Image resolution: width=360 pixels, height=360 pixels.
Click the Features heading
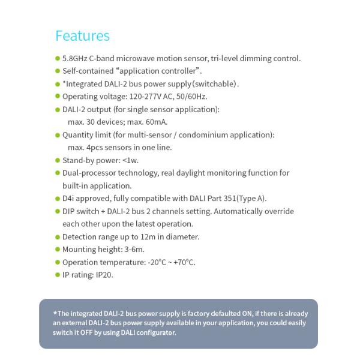[x=82, y=35]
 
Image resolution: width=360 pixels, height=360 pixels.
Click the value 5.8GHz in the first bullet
[x=76, y=59]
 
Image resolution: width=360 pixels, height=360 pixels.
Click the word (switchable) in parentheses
[x=215, y=84]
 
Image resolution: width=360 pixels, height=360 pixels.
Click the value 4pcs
[x=95, y=148]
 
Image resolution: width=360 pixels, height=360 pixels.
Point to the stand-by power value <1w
[x=131, y=160]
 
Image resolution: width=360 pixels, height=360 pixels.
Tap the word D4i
[x=69, y=199]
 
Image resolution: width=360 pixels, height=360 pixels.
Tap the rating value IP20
[x=104, y=275]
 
